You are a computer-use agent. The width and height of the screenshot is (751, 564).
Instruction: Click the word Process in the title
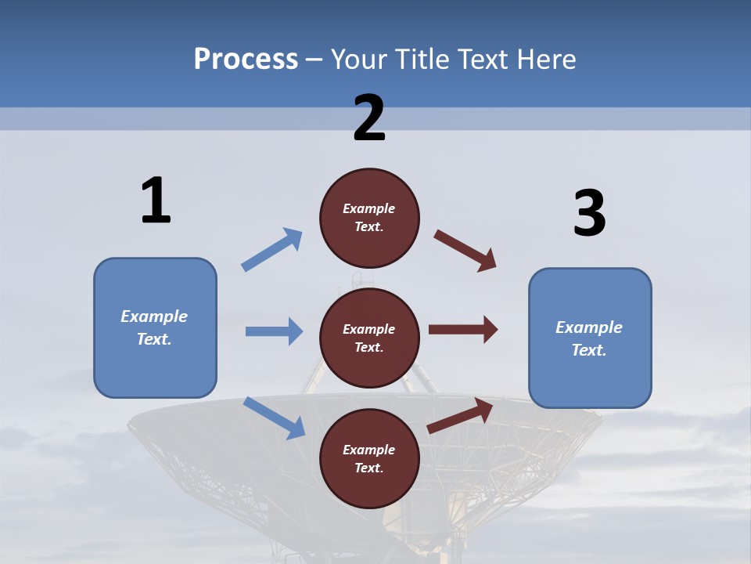coord(246,60)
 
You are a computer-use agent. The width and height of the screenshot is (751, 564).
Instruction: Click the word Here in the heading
coord(544,60)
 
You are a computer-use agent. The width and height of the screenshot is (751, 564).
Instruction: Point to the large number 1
coord(156,201)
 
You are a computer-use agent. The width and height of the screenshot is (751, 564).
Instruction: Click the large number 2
coord(369,118)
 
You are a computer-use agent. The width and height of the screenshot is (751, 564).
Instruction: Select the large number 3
coord(589,214)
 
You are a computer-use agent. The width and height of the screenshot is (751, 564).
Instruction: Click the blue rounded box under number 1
coord(155,327)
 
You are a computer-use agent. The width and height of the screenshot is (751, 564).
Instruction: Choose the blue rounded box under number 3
coord(590,338)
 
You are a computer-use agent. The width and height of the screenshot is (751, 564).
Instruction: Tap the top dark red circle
coord(369,218)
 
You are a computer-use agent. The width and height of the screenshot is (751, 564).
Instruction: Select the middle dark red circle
coord(369,338)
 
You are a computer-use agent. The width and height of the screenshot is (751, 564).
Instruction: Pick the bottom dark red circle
coord(369,458)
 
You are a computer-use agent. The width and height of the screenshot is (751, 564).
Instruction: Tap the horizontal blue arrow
coord(274,331)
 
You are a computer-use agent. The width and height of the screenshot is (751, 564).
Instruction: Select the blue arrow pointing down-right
coord(274,417)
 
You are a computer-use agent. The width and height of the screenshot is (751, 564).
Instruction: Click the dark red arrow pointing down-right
coord(465,250)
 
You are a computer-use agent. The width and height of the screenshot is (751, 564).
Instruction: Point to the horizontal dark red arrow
coord(463,329)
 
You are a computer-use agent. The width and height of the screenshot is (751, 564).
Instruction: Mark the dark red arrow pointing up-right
coord(460,415)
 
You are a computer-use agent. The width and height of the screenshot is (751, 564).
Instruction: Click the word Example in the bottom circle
coord(369,450)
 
